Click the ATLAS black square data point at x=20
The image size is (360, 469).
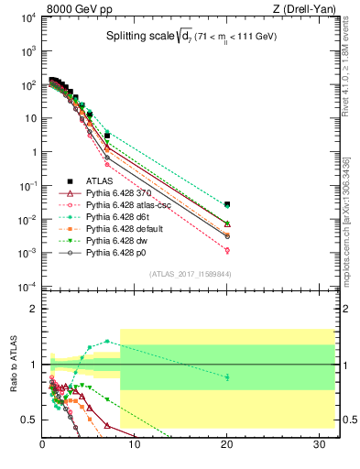[x=227, y=204]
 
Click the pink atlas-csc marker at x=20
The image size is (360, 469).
[x=227, y=250]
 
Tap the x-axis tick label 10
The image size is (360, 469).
[x=135, y=446]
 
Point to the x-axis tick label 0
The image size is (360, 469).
[x=43, y=446]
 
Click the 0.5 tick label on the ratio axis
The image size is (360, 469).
[x=29, y=420]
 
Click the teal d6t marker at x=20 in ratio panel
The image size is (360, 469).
[x=227, y=376]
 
